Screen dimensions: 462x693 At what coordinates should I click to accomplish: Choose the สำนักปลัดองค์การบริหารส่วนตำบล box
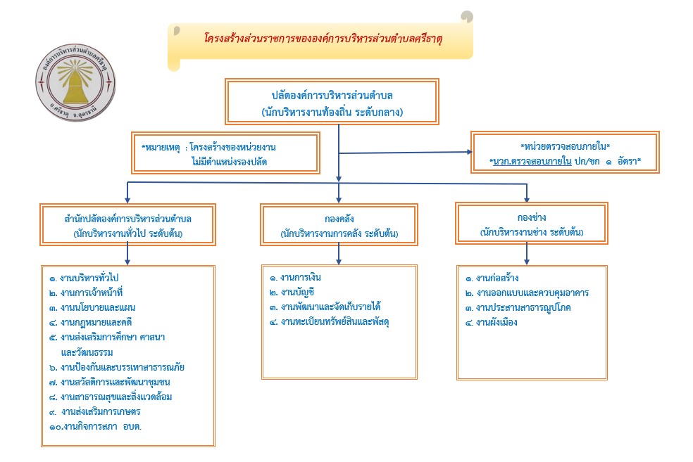tap(127, 224)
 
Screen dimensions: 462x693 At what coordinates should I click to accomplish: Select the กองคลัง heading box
tap(339, 224)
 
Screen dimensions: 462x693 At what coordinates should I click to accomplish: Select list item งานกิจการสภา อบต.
tap(100, 427)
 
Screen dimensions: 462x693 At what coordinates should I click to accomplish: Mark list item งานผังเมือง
tap(490, 322)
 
